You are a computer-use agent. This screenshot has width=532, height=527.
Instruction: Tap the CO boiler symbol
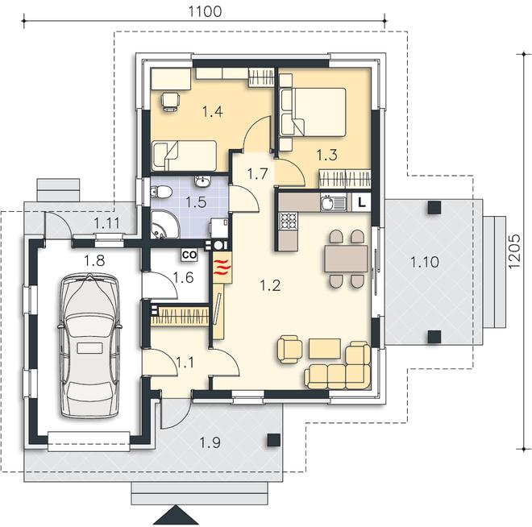(x=189, y=255)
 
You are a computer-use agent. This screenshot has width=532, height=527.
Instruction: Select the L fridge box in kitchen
(x=362, y=203)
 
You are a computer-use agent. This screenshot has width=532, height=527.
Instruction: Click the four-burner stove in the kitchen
(x=288, y=222)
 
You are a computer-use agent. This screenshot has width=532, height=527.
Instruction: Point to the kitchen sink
(x=333, y=203)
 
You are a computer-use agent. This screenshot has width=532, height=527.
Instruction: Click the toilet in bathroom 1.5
(x=161, y=192)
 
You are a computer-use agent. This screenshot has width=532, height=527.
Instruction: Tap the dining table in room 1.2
(x=346, y=259)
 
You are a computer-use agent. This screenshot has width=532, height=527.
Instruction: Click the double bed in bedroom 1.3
(x=313, y=113)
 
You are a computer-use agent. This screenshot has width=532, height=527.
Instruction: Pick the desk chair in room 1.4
(x=170, y=102)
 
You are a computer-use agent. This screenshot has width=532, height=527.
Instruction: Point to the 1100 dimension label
(x=205, y=11)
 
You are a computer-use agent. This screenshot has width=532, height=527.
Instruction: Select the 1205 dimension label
(x=514, y=251)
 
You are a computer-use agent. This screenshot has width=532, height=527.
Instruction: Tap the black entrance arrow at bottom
(x=176, y=515)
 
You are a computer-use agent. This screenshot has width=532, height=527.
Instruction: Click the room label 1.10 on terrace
(x=425, y=262)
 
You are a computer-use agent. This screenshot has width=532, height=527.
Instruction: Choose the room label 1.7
(x=257, y=174)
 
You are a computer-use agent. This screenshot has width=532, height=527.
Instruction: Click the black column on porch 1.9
(x=273, y=440)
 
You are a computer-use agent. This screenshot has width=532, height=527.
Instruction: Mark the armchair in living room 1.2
(x=289, y=349)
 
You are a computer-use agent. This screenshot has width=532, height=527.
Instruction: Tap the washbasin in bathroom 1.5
(x=203, y=181)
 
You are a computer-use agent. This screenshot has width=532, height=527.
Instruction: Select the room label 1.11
(x=107, y=223)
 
